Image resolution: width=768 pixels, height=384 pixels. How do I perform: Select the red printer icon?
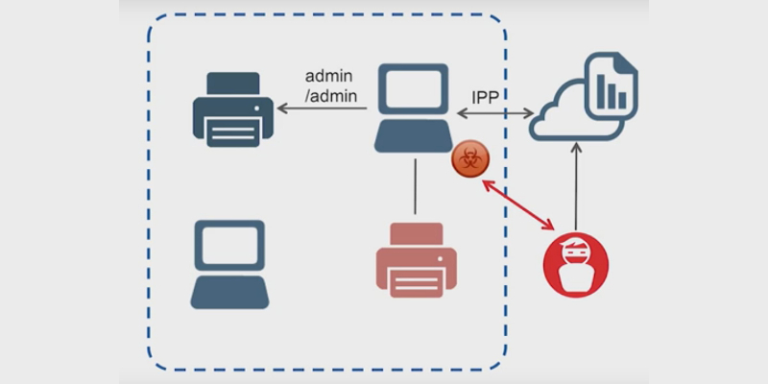pos(415,259)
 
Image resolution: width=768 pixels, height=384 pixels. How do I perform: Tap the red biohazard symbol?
pos(468,160)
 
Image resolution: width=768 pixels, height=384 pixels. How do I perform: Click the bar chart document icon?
pos(611,87)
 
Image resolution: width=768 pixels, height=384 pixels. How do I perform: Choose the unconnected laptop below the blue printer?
pos(229,264)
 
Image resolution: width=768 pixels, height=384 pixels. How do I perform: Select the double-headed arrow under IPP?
pos(495,113)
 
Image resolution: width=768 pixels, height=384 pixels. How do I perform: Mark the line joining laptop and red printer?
pos(415,185)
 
